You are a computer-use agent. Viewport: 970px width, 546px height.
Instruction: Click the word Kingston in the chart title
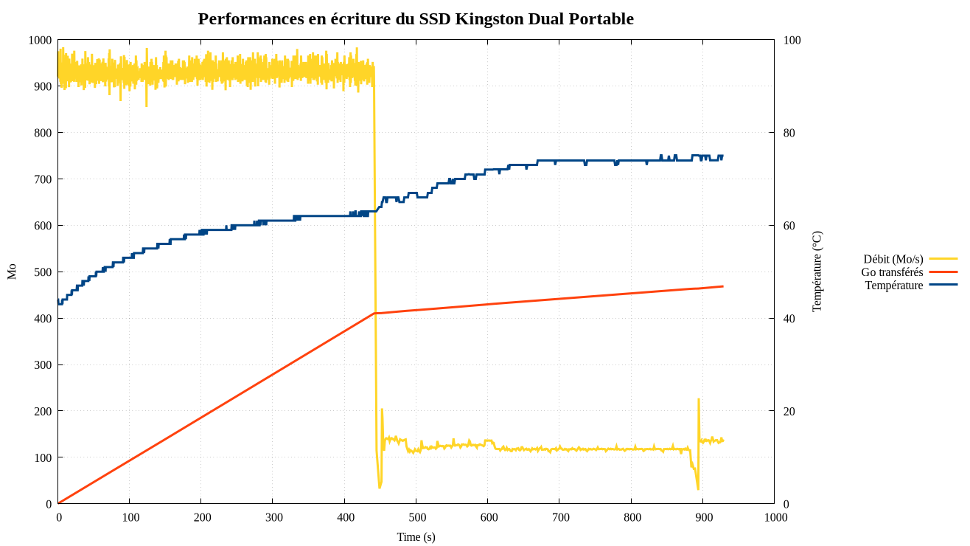489,19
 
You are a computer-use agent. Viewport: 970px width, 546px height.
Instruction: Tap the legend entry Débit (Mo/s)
893,259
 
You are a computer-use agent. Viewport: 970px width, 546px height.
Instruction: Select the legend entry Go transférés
892,272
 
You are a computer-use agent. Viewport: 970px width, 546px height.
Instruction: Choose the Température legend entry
893,286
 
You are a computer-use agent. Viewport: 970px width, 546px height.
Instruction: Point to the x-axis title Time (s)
416,537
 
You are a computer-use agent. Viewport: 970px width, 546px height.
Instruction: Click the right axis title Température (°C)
817,272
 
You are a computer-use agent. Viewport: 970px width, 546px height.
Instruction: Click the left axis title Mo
12,272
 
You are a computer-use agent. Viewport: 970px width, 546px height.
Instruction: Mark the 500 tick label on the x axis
417,517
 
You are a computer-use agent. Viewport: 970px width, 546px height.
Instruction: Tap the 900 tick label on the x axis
704,517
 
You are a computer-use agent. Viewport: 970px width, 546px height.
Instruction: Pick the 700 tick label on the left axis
43,179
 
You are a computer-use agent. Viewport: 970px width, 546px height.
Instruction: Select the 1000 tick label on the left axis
40,41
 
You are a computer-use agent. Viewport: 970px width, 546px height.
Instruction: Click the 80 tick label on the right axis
792,133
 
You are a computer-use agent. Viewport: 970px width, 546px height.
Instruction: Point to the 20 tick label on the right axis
792,411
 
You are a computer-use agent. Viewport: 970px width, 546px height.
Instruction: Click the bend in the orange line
374,314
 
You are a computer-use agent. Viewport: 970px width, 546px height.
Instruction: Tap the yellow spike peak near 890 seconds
698,399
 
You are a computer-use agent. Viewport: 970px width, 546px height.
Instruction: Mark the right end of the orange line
723,286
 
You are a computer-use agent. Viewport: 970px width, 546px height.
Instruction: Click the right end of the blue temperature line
722,156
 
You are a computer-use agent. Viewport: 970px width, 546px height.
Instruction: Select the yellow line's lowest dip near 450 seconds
380,488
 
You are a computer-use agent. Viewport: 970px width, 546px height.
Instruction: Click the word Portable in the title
601,19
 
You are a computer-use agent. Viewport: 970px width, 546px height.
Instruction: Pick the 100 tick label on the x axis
130,517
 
